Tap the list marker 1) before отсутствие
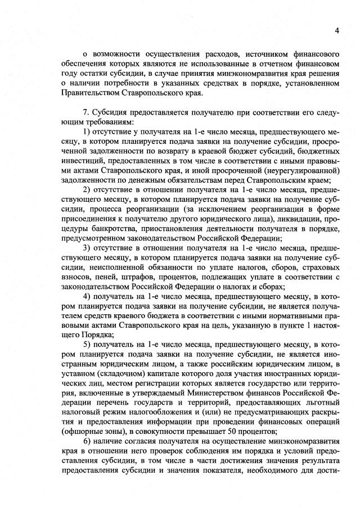[x=87, y=131]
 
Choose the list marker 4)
[x=87, y=296]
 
